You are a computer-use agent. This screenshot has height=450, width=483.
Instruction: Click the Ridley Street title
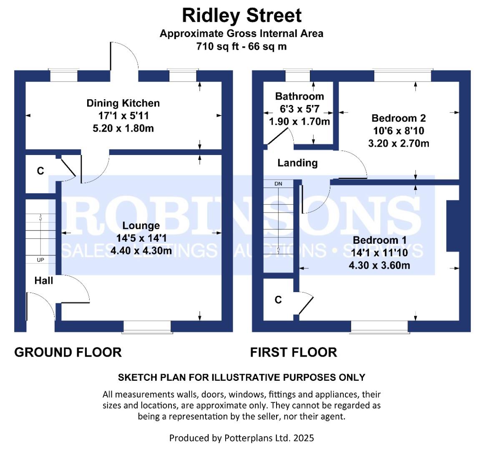click(x=241, y=16)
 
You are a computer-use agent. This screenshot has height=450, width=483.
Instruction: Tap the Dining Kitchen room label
click(x=123, y=103)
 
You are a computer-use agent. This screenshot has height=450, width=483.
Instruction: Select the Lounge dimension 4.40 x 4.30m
click(x=141, y=251)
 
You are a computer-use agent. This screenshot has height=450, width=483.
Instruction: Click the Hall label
click(x=44, y=280)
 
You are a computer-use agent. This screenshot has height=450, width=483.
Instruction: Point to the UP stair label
click(x=40, y=260)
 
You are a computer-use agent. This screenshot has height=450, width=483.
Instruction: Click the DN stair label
click(x=278, y=184)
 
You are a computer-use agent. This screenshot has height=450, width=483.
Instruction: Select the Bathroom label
click(x=299, y=96)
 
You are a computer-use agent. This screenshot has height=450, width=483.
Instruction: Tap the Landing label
click(x=297, y=163)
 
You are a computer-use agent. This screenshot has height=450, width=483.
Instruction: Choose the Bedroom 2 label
click(x=399, y=118)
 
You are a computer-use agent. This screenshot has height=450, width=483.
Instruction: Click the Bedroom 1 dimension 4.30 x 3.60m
click(x=380, y=265)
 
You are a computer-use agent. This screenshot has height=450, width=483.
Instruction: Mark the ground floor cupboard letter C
click(x=40, y=171)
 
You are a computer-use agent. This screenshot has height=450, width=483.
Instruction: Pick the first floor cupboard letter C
click(x=278, y=300)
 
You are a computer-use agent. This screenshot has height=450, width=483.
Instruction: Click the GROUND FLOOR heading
click(x=68, y=352)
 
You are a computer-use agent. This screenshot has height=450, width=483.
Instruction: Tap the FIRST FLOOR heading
click(x=293, y=352)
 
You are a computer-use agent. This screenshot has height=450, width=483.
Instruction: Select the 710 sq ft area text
click(x=241, y=46)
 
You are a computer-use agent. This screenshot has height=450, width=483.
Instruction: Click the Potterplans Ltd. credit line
click(x=241, y=438)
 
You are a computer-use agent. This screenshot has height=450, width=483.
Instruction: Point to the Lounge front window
click(x=147, y=327)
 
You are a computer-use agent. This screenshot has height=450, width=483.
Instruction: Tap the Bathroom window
click(x=298, y=76)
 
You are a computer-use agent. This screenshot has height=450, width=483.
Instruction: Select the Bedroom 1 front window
click(x=380, y=327)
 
